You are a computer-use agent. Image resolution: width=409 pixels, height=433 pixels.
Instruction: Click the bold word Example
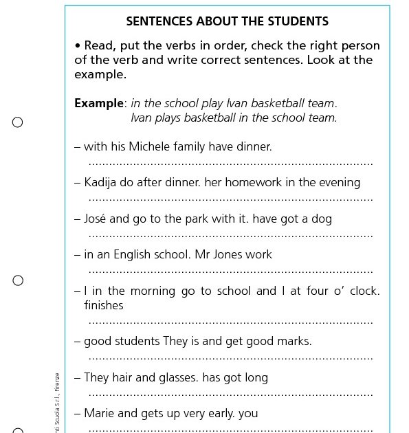point(99,104)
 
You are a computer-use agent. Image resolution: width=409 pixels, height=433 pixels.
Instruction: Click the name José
point(95,219)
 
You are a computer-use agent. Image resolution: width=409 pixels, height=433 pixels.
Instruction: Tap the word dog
point(322,219)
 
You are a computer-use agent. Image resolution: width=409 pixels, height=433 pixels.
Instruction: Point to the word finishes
point(103,305)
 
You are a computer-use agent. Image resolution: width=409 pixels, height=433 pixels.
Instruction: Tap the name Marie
point(99,413)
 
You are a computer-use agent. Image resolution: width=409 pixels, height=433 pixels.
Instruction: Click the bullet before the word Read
point(78,46)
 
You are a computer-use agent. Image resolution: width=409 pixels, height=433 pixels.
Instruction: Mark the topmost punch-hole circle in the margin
point(18,122)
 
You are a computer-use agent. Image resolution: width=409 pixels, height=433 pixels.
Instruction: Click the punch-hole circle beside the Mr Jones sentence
point(18,280)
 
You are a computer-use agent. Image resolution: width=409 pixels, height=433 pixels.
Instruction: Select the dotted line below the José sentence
point(230,236)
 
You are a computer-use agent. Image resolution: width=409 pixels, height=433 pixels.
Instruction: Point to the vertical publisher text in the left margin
point(57,402)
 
